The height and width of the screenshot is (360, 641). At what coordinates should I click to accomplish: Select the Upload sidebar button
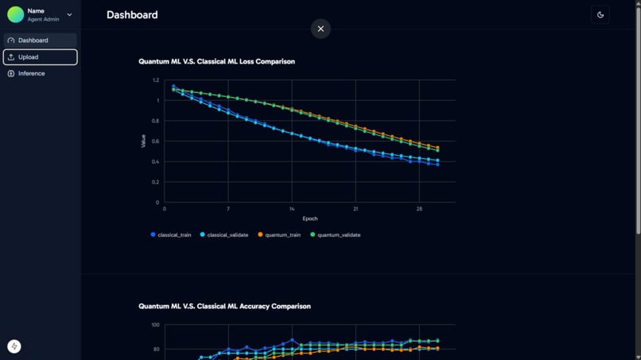click(40, 57)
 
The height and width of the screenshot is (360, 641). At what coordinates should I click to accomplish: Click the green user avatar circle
click(15, 15)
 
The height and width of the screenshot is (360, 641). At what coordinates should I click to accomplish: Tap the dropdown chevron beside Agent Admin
click(69, 15)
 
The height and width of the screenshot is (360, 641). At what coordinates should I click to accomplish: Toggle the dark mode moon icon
click(600, 15)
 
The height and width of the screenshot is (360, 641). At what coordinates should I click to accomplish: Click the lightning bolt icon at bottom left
click(14, 346)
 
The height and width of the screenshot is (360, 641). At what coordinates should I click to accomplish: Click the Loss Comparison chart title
click(216, 61)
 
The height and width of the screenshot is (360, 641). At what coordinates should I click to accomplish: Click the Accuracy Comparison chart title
click(224, 306)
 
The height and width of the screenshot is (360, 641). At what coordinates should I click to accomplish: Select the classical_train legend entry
click(171, 235)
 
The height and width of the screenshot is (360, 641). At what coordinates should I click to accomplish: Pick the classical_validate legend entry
click(224, 235)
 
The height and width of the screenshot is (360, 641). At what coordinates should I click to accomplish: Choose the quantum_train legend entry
click(279, 235)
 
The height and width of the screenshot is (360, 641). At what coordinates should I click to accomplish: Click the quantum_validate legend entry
click(335, 235)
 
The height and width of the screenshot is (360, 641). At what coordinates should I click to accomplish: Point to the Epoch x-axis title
click(309, 219)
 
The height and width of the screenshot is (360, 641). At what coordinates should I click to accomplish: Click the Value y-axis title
click(143, 141)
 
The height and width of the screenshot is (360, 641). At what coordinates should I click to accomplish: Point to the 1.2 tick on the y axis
click(156, 80)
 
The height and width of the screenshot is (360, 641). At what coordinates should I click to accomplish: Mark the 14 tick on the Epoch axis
click(292, 209)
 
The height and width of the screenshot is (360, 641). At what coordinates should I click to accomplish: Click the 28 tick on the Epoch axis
click(419, 209)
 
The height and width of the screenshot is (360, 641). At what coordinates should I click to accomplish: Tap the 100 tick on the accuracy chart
click(155, 325)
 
